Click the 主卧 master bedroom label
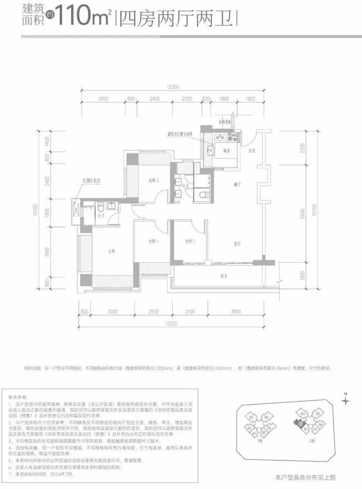pos(111,251)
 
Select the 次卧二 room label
pos(190,241)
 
